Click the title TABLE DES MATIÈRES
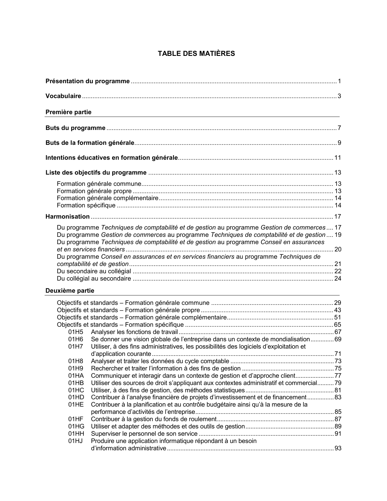coord(196,54)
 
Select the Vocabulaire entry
coord(63,96)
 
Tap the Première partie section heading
coord(68,112)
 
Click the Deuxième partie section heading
coord(70,291)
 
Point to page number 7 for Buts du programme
coord(339,128)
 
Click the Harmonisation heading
coord(67,216)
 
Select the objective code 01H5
coord(76,332)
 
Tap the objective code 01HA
coord(76,376)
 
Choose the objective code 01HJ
coord(76,441)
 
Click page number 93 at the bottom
coord(338,448)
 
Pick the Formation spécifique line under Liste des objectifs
coord(86,205)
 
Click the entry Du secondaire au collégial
coord(94,271)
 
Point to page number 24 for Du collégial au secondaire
coord(338,278)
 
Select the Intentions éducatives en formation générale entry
coord(111,158)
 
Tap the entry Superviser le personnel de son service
coord(144,434)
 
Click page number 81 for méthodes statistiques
coord(338,390)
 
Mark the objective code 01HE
coord(76,404)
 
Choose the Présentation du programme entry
coord(87,81)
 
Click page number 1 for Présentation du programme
coord(339,81)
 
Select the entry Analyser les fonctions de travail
coord(134,332)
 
